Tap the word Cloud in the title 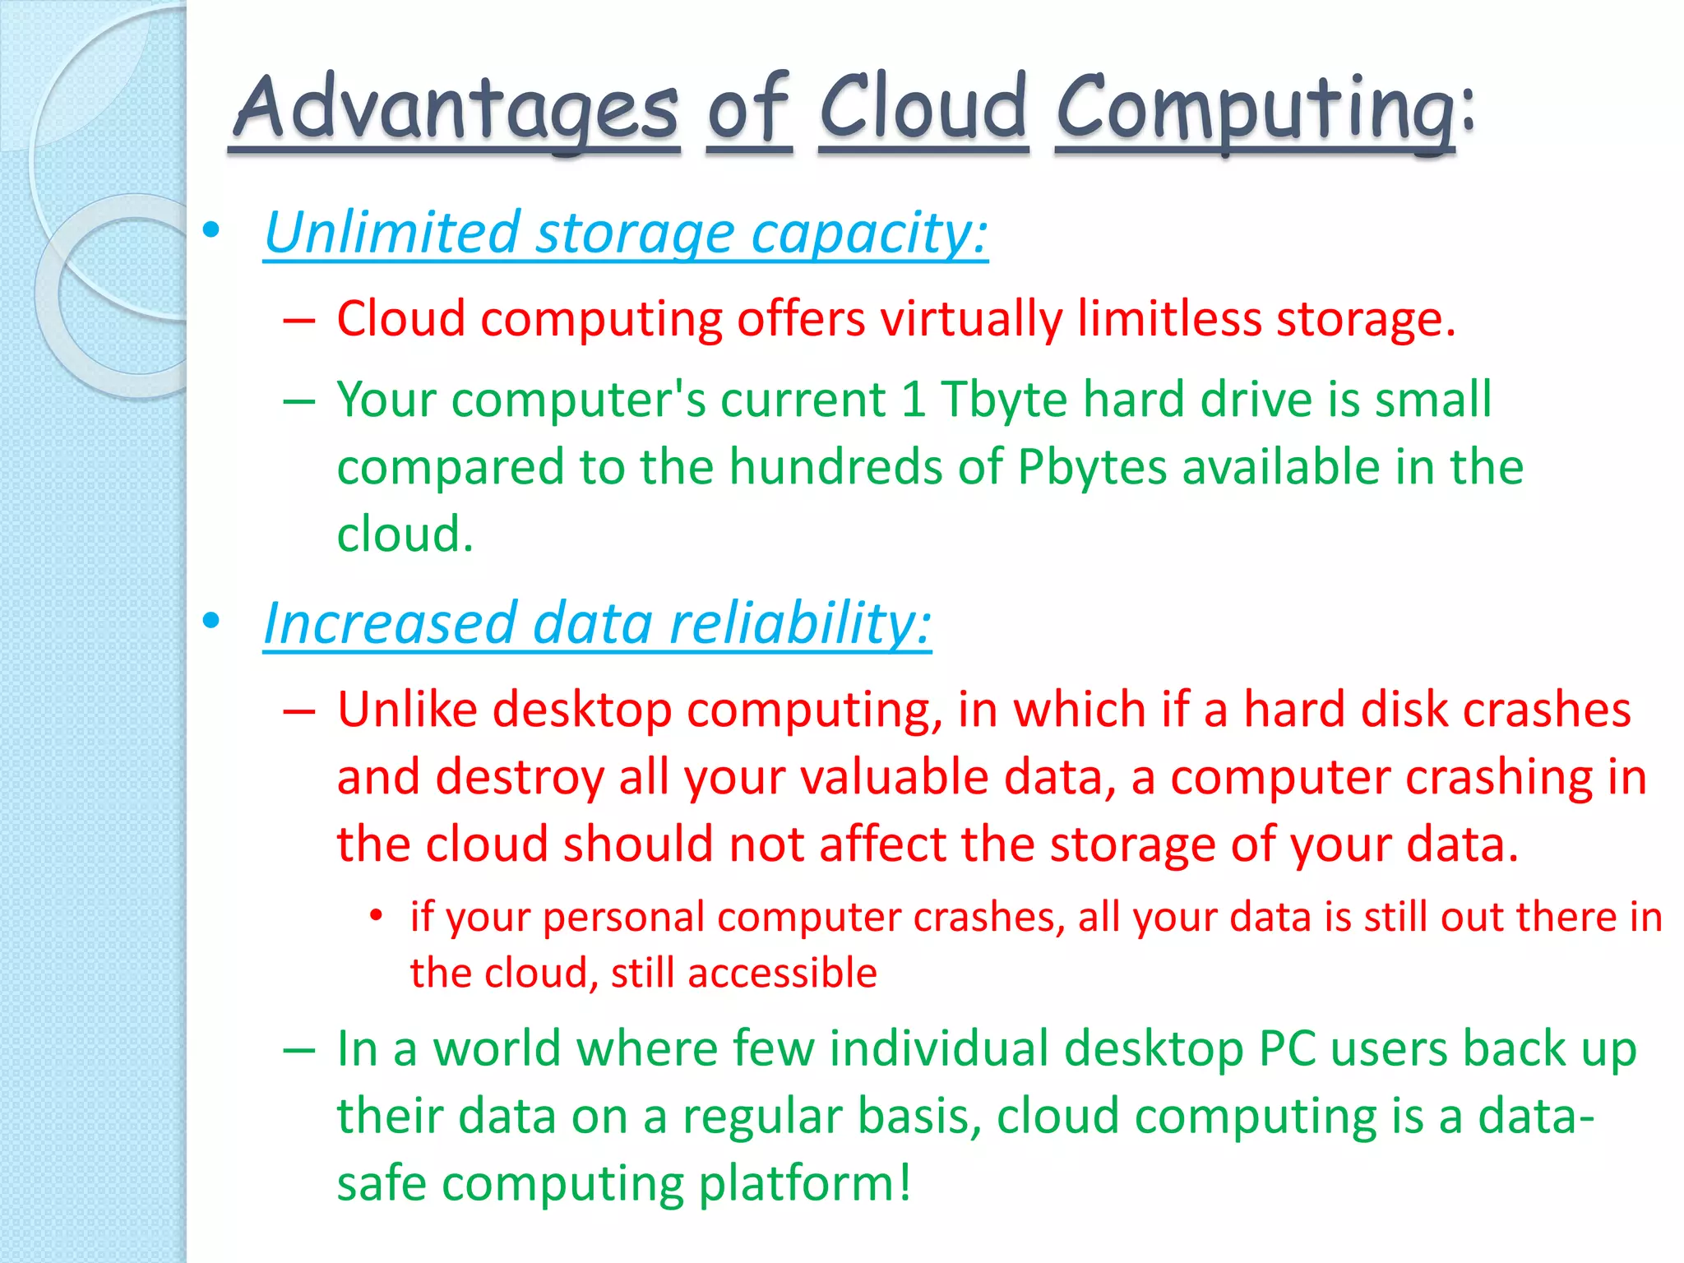click(x=923, y=107)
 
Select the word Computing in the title click(x=1255, y=111)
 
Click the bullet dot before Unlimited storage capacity click(x=211, y=230)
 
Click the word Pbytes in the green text click(x=1092, y=468)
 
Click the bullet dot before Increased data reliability click(x=211, y=621)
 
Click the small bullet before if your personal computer click(x=376, y=915)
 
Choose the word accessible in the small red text click(x=782, y=974)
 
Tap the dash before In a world click(x=299, y=1050)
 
